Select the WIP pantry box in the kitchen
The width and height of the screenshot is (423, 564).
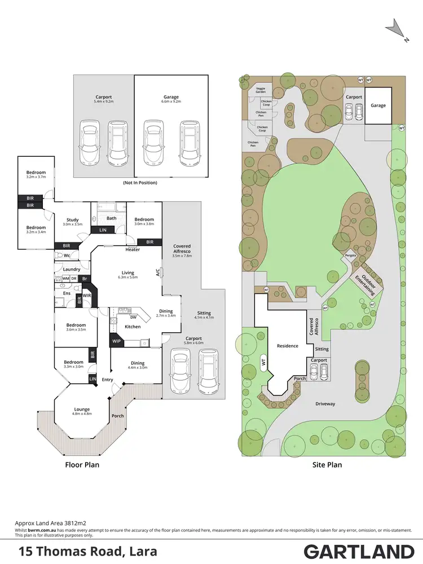(x=117, y=341)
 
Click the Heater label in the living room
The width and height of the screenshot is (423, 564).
(x=133, y=250)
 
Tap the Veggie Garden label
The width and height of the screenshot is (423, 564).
(x=261, y=90)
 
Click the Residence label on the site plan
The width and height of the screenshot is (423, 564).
(x=287, y=346)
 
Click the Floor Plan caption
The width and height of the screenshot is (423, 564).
(x=83, y=465)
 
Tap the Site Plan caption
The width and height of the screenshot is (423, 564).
(x=327, y=465)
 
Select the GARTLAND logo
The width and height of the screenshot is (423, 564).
(x=359, y=551)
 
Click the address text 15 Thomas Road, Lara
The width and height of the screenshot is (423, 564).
(x=88, y=551)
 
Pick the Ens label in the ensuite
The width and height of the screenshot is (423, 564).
(x=67, y=293)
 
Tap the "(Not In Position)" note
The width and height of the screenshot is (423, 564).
(x=139, y=183)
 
